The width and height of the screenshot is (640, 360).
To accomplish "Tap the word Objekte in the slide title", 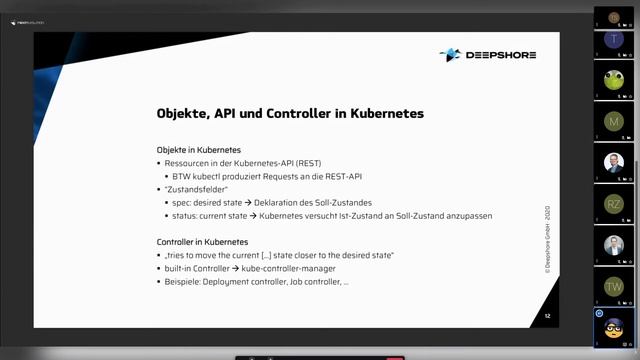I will point(185,114).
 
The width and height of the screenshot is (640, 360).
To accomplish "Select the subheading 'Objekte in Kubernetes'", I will point(198,150).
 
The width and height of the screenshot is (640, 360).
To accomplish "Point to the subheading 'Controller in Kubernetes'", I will point(202,242).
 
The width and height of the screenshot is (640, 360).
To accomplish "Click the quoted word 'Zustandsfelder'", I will point(197,189).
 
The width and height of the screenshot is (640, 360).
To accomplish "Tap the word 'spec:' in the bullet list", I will point(183,203).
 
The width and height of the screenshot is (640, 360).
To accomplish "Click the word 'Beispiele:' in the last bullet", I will point(184,282).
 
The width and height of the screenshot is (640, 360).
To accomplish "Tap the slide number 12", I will point(547,316).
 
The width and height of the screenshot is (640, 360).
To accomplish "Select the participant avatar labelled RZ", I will point(614,203).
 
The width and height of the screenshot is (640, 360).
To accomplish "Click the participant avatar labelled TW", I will point(614,287).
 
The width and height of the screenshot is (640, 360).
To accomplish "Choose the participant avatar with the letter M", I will point(614,121).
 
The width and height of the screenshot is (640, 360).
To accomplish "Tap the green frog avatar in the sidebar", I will point(614,79).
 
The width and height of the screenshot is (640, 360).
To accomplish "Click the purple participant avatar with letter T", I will point(614,39).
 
